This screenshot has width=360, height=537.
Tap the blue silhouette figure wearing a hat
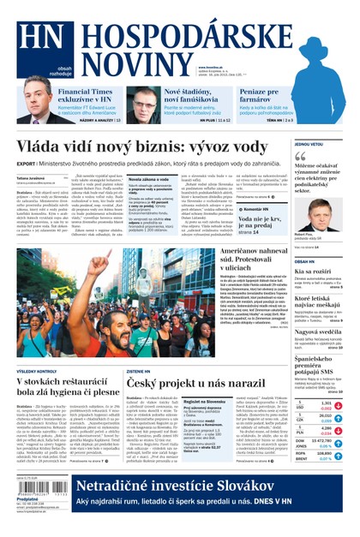click(321, 51)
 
